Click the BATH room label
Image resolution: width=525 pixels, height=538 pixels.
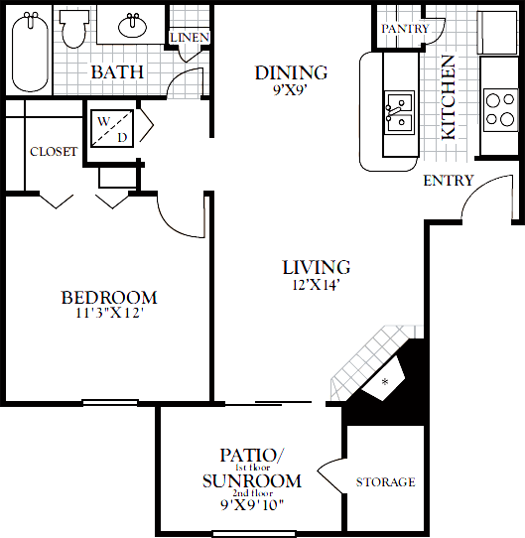[117, 72]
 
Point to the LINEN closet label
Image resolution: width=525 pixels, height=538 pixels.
[189, 38]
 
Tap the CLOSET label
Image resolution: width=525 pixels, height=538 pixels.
[54, 152]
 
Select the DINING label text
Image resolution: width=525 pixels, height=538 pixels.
[291, 72]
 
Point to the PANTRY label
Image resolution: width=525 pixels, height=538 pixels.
[405, 29]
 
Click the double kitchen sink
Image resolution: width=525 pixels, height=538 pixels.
[399, 110]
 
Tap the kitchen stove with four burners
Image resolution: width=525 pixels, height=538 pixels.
[498, 107]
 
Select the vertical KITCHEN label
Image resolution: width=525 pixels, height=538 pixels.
[449, 96]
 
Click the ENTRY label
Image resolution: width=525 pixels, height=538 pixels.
[448, 181]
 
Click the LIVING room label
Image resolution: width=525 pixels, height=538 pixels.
[316, 267]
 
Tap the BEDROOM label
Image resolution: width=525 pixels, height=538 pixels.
[109, 298]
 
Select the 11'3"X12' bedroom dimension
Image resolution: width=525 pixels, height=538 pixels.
[109, 314]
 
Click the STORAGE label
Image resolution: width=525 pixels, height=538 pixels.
[385, 482]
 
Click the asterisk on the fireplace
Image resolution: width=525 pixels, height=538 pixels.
[385, 382]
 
